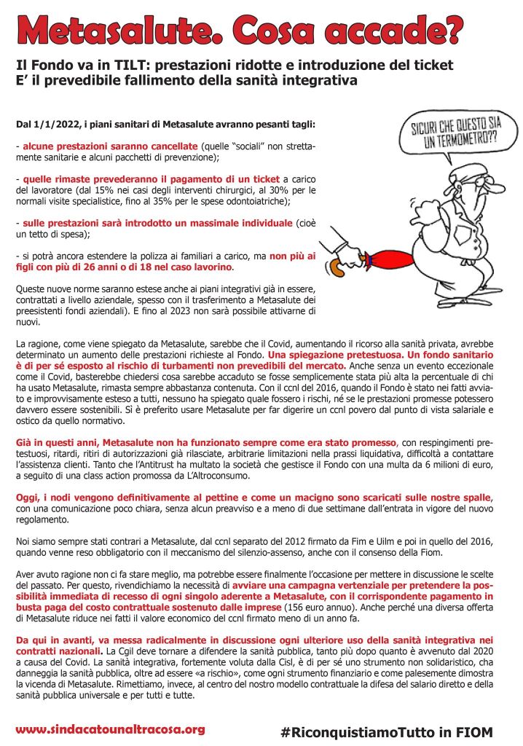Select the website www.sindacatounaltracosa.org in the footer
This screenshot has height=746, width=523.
(x=110, y=729)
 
